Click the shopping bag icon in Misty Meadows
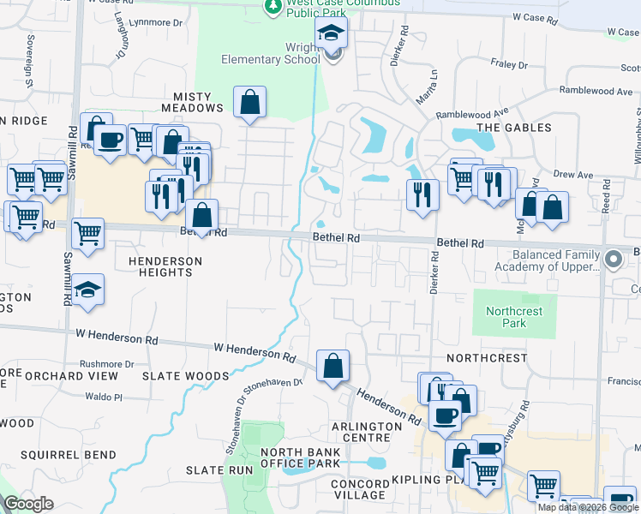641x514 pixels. (x=249, y=103)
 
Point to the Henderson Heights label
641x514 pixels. (x=165, y=266)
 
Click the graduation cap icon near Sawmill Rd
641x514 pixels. (x=87, y=290)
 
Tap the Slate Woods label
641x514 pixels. (x=186, y=376)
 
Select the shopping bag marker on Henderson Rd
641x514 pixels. (x=332, y=367)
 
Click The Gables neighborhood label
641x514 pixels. (x=514, y=128)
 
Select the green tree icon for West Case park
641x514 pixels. (x=273, y=7)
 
